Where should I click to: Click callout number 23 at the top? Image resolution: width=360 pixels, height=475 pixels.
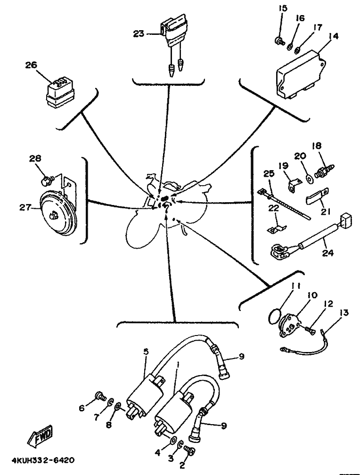pos(139,33)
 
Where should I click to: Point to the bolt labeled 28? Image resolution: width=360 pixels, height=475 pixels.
pos(47,180)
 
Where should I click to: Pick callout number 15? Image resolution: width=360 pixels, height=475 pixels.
pos(282,9)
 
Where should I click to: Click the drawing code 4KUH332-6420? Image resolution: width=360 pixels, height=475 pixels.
pos(41,460)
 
